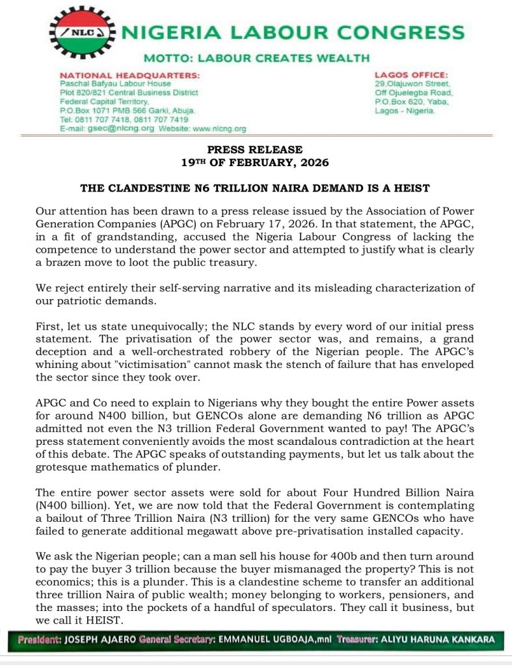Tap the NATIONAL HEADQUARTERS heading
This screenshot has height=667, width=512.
(129, 76)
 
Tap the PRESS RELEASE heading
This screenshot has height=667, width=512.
(255, 150)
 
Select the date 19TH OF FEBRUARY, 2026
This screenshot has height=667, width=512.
(255, 162)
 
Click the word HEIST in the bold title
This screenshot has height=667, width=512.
(411, 188)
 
